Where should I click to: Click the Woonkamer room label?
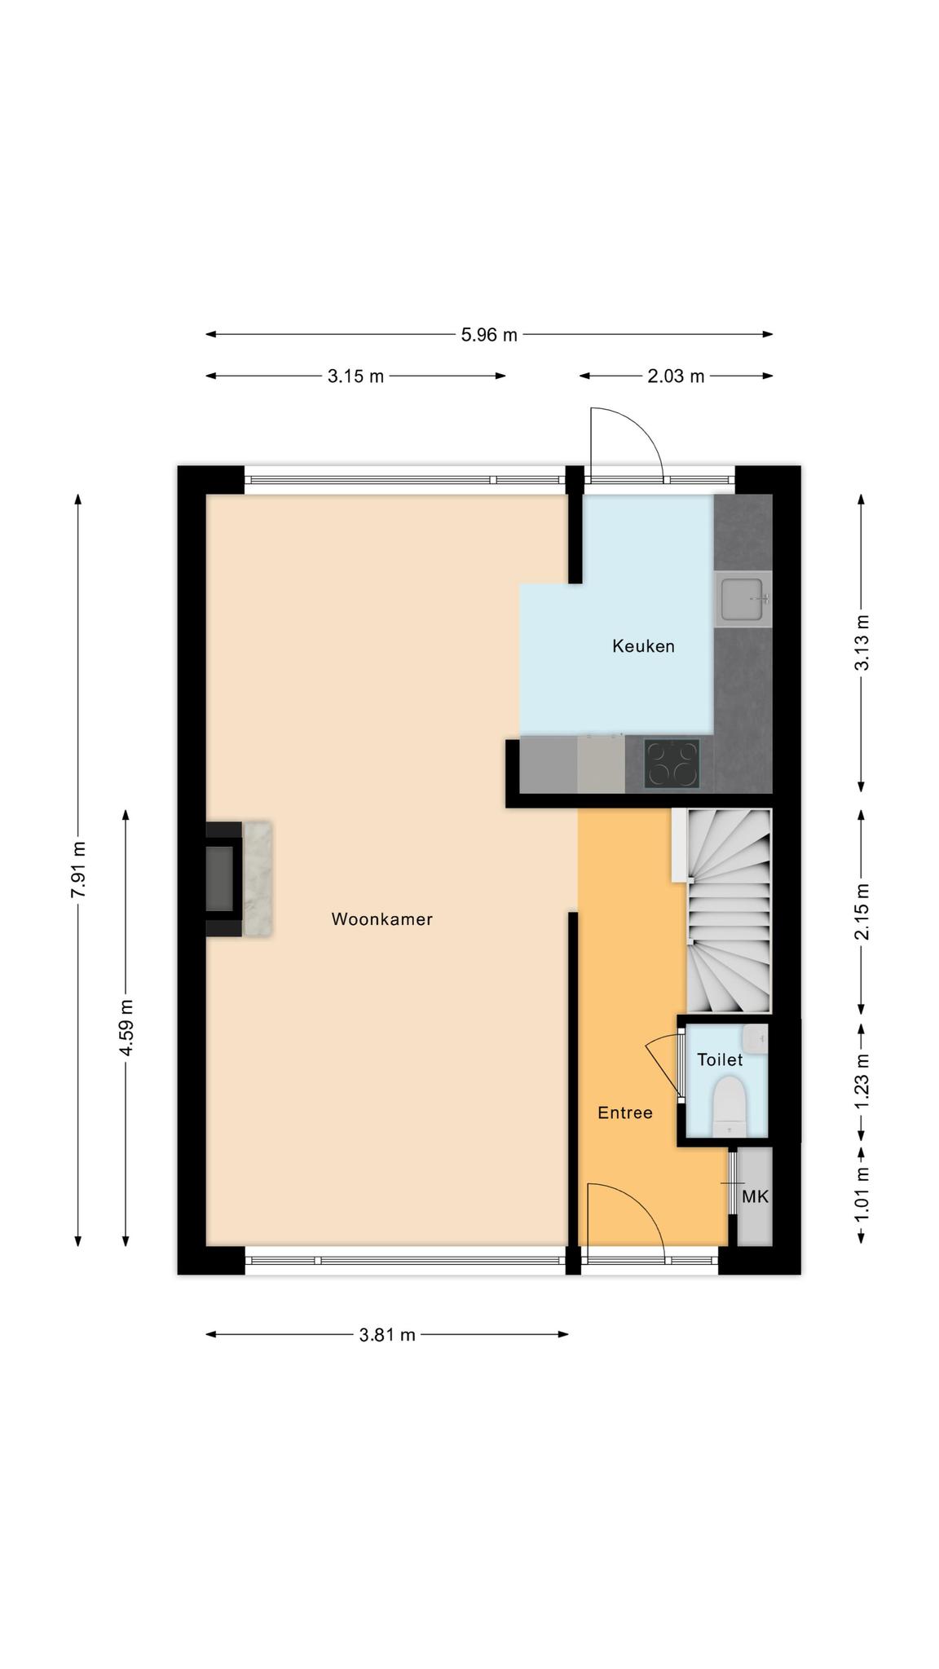381,919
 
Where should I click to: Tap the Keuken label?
643,646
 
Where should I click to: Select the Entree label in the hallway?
625,1112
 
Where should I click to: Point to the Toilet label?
720,1059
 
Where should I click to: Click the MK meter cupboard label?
755,1197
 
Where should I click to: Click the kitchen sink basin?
742,599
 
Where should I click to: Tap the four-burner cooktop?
672,764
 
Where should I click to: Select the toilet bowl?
730,1106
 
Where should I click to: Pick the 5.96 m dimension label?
489,334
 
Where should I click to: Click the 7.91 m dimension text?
78,870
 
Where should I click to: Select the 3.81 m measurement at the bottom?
387,1334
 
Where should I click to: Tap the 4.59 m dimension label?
126,1028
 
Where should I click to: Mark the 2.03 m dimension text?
676,377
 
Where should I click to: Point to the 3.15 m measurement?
355,377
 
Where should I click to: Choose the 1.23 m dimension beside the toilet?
862,1081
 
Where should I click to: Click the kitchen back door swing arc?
644,429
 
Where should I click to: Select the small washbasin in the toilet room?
755,1039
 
